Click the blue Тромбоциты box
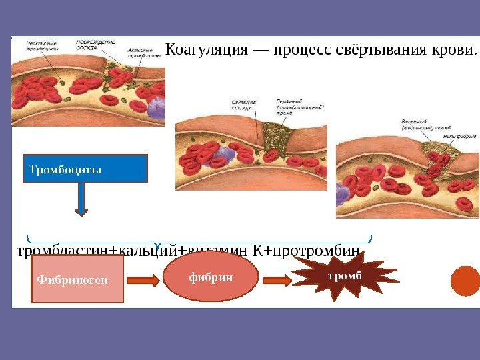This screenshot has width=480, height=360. coord(85,169)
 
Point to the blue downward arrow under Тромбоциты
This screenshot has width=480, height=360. coord(81,200)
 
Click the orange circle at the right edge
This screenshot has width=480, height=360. coord(465,281)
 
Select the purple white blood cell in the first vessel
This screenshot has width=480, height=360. coord(157,107)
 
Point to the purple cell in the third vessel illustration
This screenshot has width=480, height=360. coord(342,194)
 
